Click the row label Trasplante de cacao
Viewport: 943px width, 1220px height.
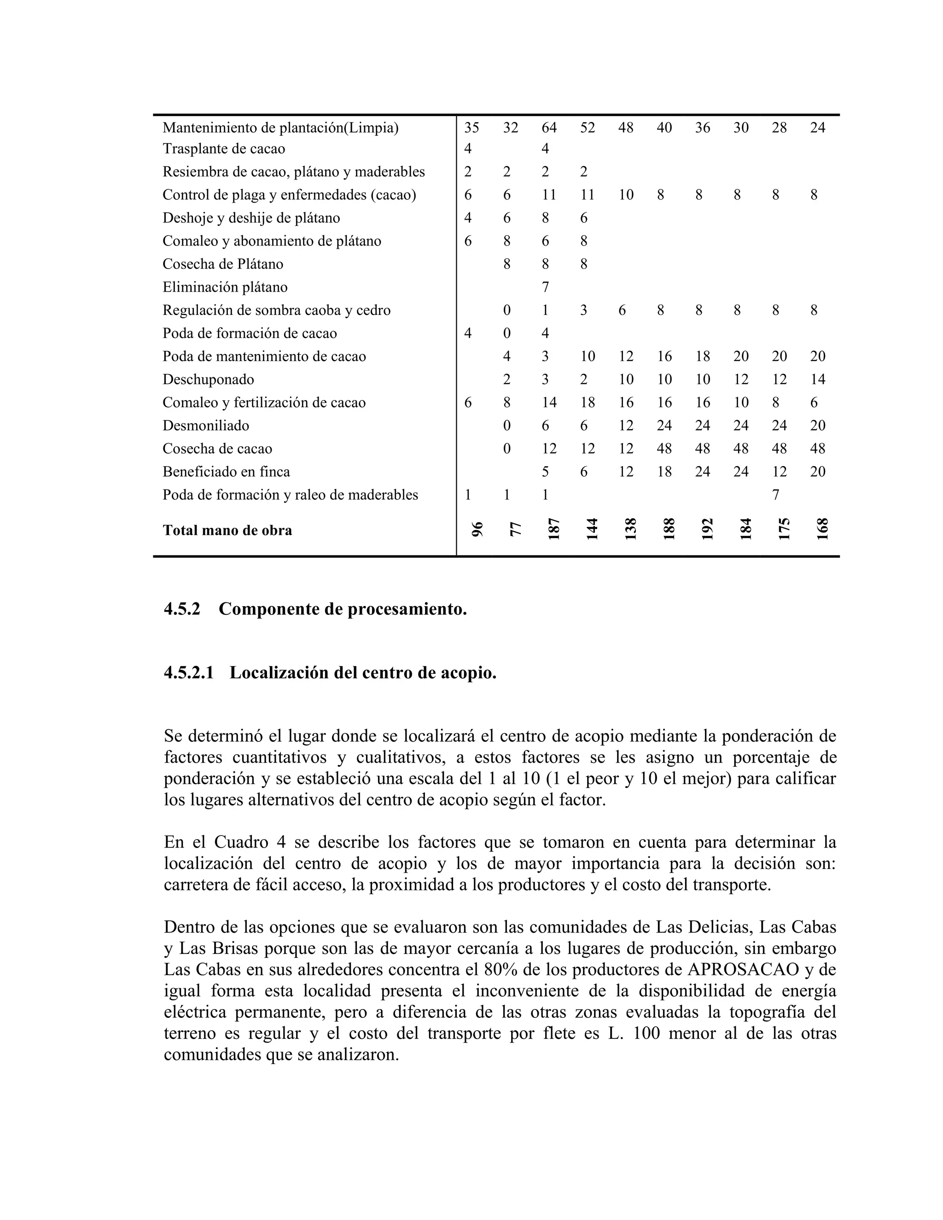tap(223, 149)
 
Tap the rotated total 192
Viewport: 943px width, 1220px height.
tap(706, 528)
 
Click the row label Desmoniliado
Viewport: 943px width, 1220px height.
tap(205, 426)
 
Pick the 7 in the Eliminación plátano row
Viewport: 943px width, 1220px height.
tap(545, 287)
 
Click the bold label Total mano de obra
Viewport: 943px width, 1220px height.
tap(227, 530)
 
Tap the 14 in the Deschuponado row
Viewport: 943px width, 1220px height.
tap(817, 379)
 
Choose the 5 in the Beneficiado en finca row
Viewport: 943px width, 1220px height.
tap(545, 472)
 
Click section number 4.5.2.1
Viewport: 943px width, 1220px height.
tap(188, 673)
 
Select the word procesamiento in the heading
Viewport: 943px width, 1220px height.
tap(407, 609)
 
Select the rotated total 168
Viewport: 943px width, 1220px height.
tap(821, 528)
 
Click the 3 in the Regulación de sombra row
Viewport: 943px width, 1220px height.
tap(583, 310)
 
